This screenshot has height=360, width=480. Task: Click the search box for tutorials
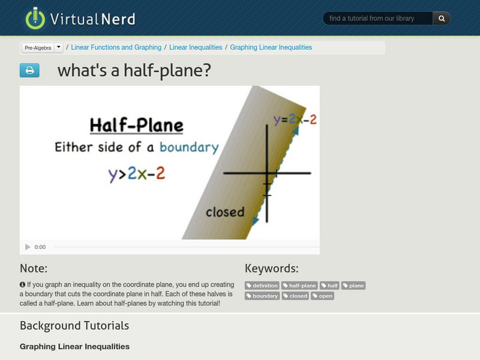377,19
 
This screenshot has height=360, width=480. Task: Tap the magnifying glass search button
442,19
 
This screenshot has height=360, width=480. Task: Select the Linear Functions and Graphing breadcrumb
116,47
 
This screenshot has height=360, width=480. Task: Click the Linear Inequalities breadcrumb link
196,47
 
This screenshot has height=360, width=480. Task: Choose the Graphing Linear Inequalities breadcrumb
271,47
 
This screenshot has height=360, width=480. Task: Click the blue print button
29,71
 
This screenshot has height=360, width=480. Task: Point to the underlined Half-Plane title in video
136,126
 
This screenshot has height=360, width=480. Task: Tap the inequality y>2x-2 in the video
136,174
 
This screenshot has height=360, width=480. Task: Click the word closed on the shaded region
225,212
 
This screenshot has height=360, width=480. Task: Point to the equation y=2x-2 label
295,119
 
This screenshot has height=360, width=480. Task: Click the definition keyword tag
262,286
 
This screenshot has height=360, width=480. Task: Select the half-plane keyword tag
299,286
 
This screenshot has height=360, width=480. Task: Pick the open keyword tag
323,296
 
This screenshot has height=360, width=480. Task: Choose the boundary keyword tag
262,296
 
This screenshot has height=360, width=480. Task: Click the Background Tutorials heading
74,326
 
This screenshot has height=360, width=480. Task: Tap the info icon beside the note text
23,284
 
